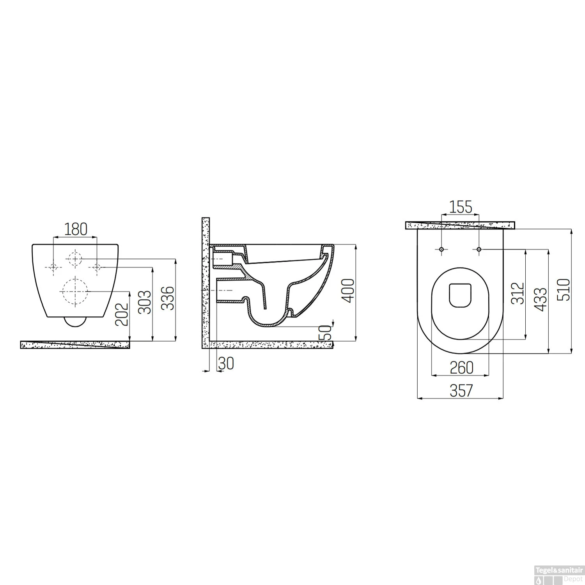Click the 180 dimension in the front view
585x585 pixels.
pos(76,229)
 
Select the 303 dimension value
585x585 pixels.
pos(145,302)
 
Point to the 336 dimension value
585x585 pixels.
pos(168,298)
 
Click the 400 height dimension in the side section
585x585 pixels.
pos(348,291)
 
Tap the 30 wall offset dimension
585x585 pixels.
pos(226,364)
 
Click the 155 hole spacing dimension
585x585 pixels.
pos(460,207)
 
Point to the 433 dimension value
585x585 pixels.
pos(541,300)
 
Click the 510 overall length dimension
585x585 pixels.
pos(564,289)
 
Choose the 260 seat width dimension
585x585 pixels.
pos(461,367)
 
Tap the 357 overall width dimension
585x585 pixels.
pos(461,390)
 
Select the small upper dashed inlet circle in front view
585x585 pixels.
pos(74,258)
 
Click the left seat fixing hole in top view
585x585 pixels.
pos(441,249)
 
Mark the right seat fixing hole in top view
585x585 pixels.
pos(479,249)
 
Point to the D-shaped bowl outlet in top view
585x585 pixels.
pos(460,294)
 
